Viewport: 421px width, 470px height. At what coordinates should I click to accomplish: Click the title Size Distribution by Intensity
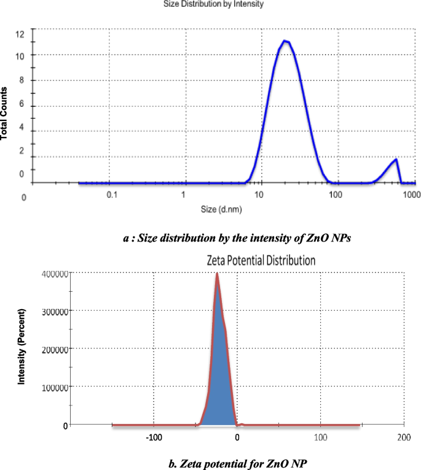click(x=213, y=4)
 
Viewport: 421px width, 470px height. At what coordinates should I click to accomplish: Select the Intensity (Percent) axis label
click(x=22, y=348)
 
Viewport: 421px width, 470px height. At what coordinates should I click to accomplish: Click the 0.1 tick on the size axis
click(x=112, y=195)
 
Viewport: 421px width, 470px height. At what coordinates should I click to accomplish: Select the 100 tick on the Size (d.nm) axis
click(x=335, y=195)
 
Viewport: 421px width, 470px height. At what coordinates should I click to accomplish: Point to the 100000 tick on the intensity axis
click(x=51, y=387)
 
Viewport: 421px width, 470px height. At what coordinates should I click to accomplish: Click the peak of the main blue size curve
click(x=285, y=41)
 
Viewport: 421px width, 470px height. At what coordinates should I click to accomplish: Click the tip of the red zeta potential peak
click(x=217, y=275)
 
